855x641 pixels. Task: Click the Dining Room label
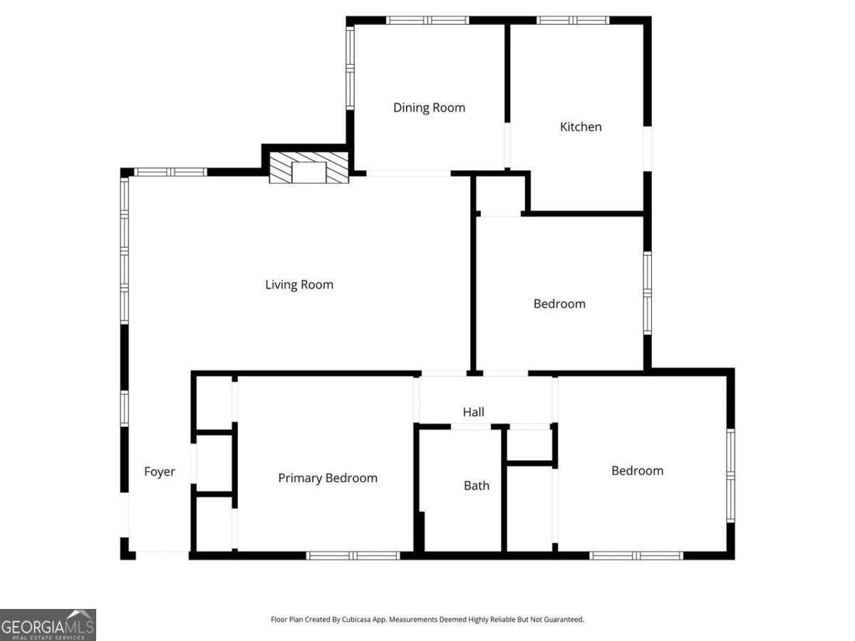429,108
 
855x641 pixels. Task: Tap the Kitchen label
581,127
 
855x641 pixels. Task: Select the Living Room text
299,285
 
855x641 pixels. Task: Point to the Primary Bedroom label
328,478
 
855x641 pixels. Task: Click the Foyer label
160,471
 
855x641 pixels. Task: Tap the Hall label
474,412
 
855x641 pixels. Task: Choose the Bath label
477,486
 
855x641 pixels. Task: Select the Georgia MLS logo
48,625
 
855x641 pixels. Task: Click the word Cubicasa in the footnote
366,620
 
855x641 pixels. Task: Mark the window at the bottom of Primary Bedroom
353,556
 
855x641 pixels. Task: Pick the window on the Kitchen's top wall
573,21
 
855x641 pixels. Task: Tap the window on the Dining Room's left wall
350,68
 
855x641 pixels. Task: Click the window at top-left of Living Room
170,172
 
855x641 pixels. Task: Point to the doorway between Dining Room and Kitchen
507,147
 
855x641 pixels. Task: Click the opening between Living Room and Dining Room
408,173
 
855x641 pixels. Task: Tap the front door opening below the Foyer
162,555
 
